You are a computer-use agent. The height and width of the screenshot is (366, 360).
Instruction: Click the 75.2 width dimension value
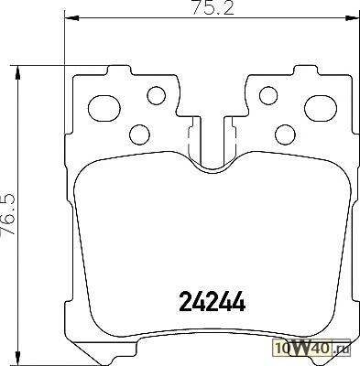point(213,7)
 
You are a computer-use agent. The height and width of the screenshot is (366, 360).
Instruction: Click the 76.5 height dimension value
point(8,215)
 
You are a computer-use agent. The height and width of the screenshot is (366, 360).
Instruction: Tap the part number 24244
point(213,301)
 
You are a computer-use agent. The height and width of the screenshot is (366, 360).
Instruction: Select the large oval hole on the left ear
point(104,108)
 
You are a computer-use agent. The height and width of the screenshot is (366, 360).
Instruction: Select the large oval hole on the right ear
point(321,108)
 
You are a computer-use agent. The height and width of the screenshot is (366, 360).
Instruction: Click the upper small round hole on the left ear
point(157,95)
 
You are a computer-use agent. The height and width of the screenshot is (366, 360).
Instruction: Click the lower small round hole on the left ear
point(139,135)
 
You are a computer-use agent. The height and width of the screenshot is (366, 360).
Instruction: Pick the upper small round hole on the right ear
point(268,95)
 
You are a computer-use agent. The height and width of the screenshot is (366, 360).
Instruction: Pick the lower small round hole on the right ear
point(285,135)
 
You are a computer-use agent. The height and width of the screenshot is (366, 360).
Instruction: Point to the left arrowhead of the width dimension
point(71,18)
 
